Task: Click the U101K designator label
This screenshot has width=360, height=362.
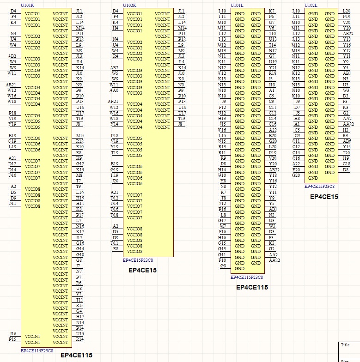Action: click(x=27, y=5)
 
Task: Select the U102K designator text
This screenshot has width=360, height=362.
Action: click(x=129, y=5)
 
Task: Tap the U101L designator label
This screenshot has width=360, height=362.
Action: click(x=237, y=5)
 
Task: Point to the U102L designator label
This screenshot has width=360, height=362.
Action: click(x=311, y=5)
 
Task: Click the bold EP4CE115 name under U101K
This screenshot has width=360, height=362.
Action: click(x=76, y=355)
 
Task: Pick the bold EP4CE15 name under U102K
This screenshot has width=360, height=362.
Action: click(x=142, y=270)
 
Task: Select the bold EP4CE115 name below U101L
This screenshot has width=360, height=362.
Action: click(x=252, y=287)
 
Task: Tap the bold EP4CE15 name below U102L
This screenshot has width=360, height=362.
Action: click(x=324, y=197)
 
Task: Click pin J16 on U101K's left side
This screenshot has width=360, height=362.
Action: click(x=13, y=333)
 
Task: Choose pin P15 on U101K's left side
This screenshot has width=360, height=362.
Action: click(x=12, y=339)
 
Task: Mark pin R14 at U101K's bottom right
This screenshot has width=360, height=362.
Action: click(x=80, y=339)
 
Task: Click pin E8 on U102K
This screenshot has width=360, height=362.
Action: click(x=115, y=249)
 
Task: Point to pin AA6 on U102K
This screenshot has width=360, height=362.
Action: click(x=114, y=90)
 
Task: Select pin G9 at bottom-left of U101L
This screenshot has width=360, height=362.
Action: click(x=223, y=265)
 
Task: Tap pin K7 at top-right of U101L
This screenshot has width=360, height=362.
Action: click(x=271, y=11)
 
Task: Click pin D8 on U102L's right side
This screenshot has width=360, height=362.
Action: click(x=346, y=170)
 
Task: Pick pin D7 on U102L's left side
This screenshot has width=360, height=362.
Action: click(x=297, y=108)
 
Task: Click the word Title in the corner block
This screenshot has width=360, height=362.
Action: click(x=345, y=345)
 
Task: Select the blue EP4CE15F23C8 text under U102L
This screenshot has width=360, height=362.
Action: click(x=319, y=187)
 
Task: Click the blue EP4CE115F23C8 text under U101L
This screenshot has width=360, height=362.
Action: click(x=246, y=278)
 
